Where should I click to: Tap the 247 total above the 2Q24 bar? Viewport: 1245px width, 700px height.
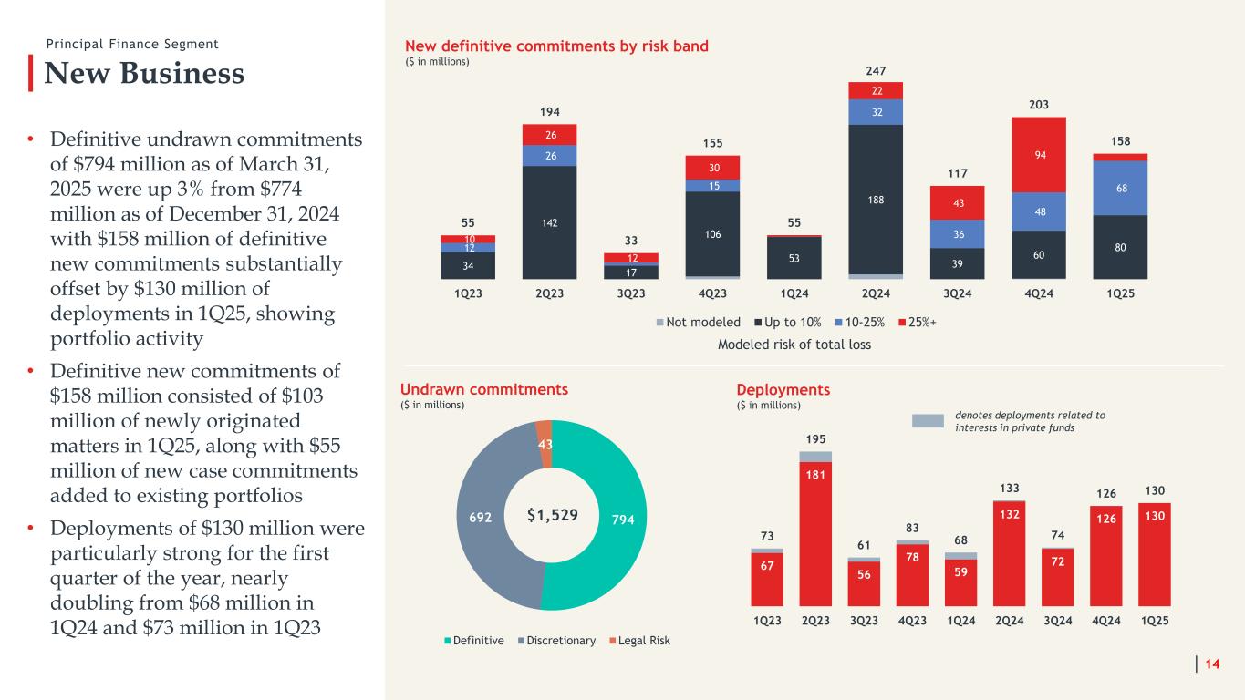(875, 70)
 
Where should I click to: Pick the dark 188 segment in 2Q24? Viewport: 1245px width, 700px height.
(875, 199)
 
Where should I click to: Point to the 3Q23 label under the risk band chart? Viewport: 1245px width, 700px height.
(631, 294)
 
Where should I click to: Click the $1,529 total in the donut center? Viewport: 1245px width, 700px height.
(553, 515)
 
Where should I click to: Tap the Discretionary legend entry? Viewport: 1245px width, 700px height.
(555, 641)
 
